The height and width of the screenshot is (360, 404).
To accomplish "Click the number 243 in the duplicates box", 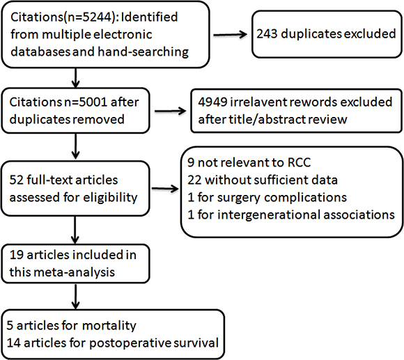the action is tap(267, 34).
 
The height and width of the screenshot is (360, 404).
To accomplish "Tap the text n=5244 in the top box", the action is tap(89, 17).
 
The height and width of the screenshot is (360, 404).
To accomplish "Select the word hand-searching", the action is tap(143, 52).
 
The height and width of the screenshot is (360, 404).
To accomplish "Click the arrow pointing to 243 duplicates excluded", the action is tap(230, 34).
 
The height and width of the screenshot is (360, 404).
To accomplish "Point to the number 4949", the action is tap(213, 102).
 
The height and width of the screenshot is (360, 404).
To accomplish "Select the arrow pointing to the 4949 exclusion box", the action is tap(171, 111).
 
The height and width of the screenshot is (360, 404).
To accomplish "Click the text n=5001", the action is tap(85, 102).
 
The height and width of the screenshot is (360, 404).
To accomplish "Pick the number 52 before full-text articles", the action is tap(16, 180).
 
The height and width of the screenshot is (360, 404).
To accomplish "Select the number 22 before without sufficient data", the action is tap(194, 180).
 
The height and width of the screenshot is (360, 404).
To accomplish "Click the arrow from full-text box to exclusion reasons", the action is tap(165, 189).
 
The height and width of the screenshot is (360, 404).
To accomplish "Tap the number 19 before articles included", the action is tap(16, 255).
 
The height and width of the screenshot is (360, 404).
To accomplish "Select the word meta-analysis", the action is tap(75, 272).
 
